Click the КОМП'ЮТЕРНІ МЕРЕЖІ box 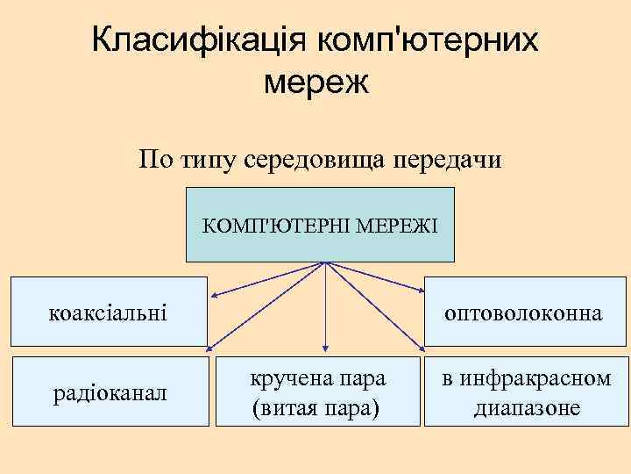pyautogui.click(x=320, y=225)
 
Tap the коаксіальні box pyautogui.click(x=110, y=312)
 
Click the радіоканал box pyautogui.click(x=110, y=391)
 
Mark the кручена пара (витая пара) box pyautogui.click(x=317, y=391)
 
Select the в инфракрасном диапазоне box pyautogui.click(x=527, y=391)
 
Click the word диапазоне pyautogui.click(x=527, y=407)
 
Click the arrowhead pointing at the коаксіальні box pyautogui.click(x=215, y=295)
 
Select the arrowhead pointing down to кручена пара pyautogui.click(x=326, y=350)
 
